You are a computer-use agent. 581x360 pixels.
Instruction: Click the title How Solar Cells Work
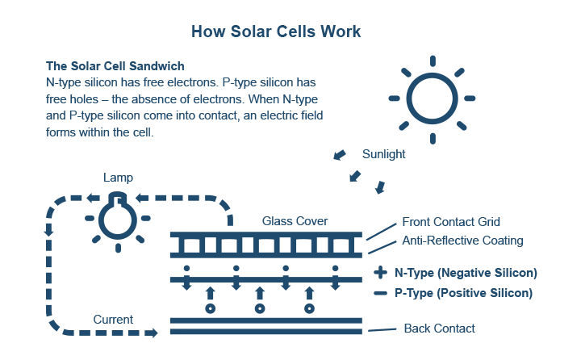[276, 31]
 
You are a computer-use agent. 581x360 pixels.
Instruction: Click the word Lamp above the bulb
[118, 177]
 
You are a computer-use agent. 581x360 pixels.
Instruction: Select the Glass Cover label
[295, 221]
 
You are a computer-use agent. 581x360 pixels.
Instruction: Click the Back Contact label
[439, 328]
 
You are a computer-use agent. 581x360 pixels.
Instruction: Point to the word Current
[112, 319]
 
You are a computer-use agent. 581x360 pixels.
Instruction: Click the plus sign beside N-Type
[381, 273]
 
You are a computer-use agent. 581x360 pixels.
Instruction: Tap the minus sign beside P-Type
[381, 293]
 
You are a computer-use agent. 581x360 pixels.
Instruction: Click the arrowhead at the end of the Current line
[153, 332]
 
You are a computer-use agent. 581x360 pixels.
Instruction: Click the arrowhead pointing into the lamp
[138, 197]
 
